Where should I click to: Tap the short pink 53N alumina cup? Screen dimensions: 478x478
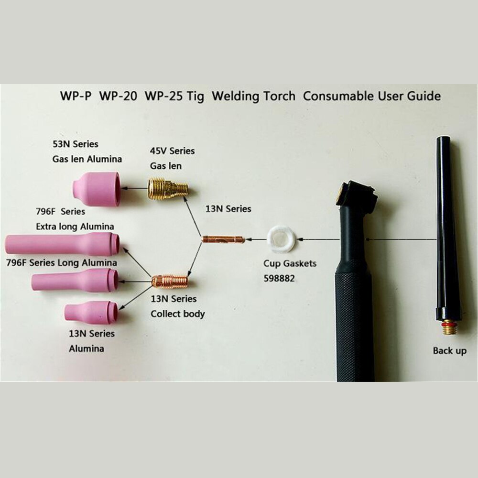pos(98,189)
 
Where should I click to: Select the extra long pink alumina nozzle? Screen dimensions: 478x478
pos(62,244)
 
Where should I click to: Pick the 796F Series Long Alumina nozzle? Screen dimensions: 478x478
pos(75,280)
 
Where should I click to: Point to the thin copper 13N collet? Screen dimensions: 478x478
pos(223,239)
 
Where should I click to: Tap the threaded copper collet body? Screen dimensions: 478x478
pos(170,282)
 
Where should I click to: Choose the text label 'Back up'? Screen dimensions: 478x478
pos(449,351)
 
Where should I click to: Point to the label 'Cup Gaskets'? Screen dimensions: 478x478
pos(290,263)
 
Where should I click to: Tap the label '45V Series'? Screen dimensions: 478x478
pos(173,151)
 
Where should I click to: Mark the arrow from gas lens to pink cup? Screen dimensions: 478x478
pos(133,189)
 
